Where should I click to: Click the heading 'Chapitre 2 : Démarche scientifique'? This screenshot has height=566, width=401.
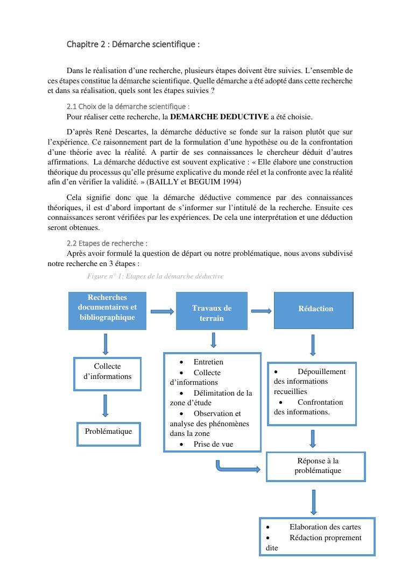[133, 44]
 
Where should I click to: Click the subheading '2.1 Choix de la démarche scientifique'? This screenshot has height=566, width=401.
[128, 107]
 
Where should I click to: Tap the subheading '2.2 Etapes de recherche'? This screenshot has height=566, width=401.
[107, 243]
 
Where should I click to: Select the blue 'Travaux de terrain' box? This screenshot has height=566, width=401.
[212, 311]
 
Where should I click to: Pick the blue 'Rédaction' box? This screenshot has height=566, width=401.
[314, 310]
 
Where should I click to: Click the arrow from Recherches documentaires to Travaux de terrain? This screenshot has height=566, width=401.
[161, 311]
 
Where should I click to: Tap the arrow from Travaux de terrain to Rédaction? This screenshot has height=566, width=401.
[261, 310]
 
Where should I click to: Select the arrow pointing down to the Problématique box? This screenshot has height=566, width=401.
[105, 405]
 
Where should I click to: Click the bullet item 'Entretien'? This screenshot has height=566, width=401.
[208, 362]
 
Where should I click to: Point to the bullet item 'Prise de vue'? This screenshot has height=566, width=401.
[213, 444]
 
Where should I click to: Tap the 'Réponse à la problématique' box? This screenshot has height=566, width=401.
[317, 466]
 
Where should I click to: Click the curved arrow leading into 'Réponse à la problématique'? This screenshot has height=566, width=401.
[237, 467]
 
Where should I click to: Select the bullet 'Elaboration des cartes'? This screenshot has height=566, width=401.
[325, 527]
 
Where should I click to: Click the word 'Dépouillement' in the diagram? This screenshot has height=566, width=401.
[321, 371]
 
